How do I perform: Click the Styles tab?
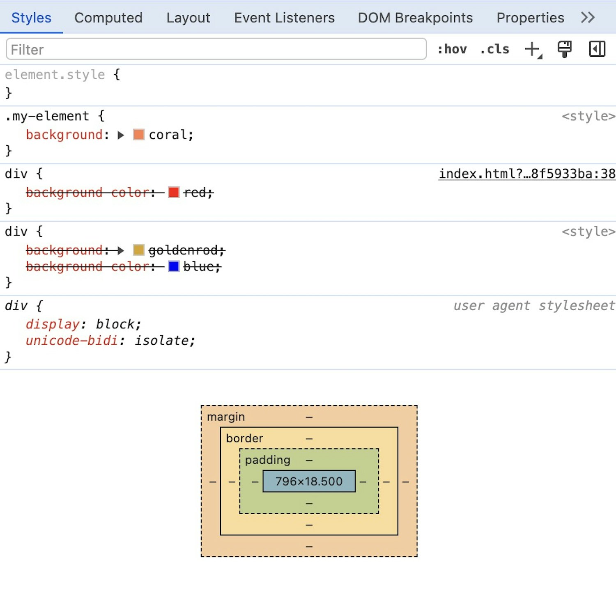click(31, 18)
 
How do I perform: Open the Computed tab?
click(108, 18)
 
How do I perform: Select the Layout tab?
click(188, 18)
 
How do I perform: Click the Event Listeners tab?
click(284, 18)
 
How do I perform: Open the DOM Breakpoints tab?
click(415, 18)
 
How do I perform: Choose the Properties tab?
click(530, 18)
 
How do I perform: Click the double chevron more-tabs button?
click(588, 18)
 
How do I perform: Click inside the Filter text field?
click(216, 49)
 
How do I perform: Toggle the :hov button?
click(452, 49)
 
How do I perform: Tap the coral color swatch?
click(139, 135)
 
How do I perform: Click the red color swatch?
click(174, 192)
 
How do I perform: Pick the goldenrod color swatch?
click(139, 250)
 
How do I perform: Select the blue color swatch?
click(174, 266)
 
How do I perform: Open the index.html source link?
click(526, 174)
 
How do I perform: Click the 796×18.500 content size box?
click(309, 481)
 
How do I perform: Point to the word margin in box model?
click(225, 417)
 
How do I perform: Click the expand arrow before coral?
click(121, 135)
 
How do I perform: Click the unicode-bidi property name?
click(72, 340)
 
